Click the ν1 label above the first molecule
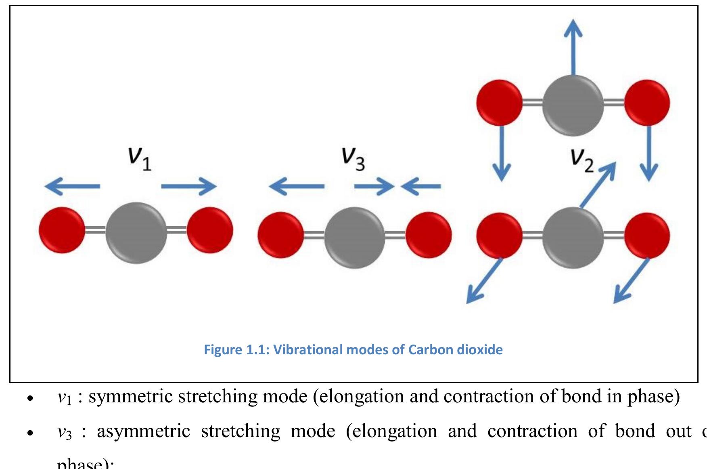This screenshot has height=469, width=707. click(140, 159)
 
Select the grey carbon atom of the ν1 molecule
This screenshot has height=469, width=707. click(136, 233)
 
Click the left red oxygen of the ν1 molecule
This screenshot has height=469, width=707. click(62, 230)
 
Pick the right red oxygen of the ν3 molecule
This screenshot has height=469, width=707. click(429, 235)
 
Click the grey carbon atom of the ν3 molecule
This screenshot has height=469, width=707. click(354, 238)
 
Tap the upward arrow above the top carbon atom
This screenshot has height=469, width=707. click(573, 46)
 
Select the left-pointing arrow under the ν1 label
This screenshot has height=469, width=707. click(73, 186)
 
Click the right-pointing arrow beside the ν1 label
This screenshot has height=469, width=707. click(189, 186)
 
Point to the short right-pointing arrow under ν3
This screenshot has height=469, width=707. click(374, 186)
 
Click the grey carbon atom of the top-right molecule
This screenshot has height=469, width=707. click(573, 105)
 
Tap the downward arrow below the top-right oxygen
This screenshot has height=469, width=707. click(648, 154)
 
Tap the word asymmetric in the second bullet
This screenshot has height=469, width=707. click(143, 431)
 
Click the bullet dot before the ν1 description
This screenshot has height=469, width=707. click(29, 398)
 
